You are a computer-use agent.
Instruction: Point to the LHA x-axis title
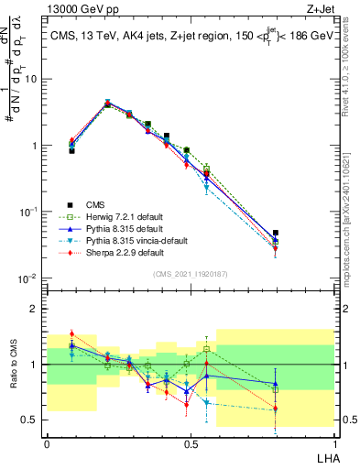323,454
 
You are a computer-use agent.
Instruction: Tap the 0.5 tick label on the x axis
190,442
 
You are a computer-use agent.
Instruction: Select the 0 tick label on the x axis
47,442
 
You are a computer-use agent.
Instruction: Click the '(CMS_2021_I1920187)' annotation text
190,274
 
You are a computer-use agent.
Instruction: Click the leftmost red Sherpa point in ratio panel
71,334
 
